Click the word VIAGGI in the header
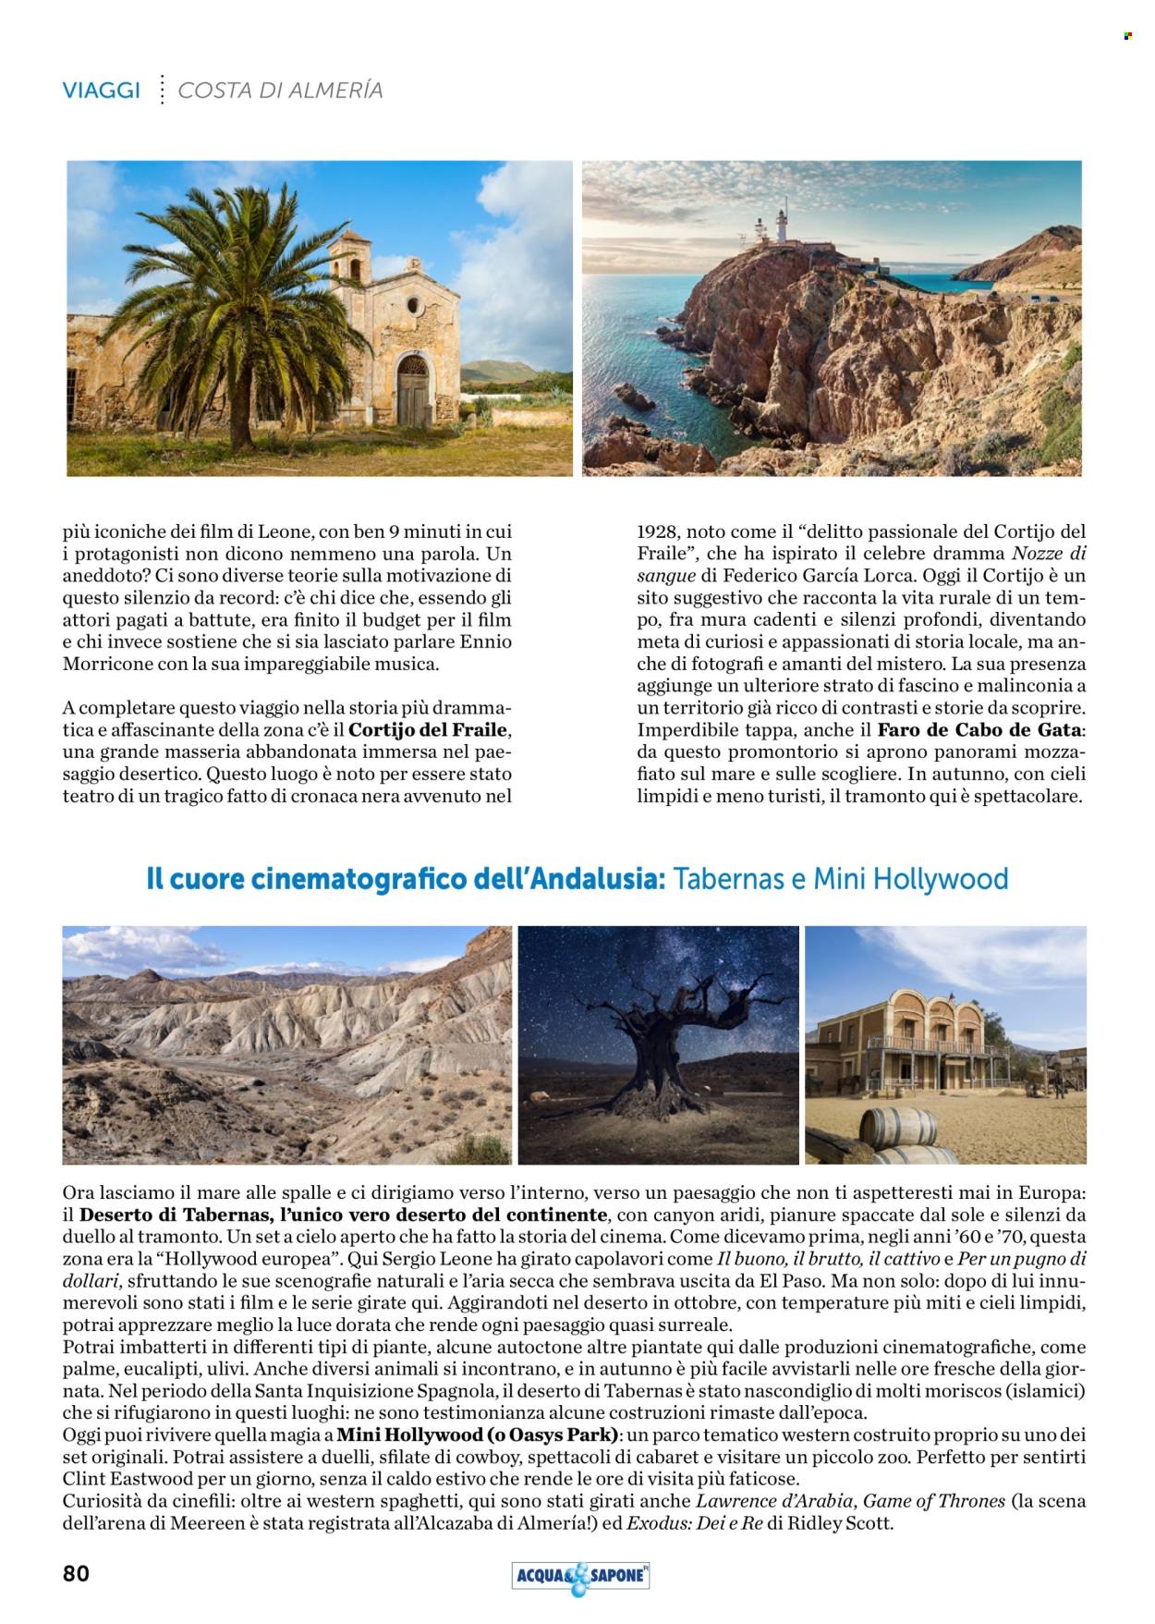pyautogui.click(x=102, y=91)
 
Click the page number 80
pyautogui.click(x=76, y=1573)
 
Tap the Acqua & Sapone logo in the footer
pyautogui.click(x=580, y=1576)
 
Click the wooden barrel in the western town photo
pyautogui.click(x=897, y=1129)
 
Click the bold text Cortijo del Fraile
pyautogui.click(x=429, y=730)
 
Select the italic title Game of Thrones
pyautogui.click(x=933, y=1501)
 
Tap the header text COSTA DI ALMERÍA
pyautogui.click(x=280, y=91)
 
